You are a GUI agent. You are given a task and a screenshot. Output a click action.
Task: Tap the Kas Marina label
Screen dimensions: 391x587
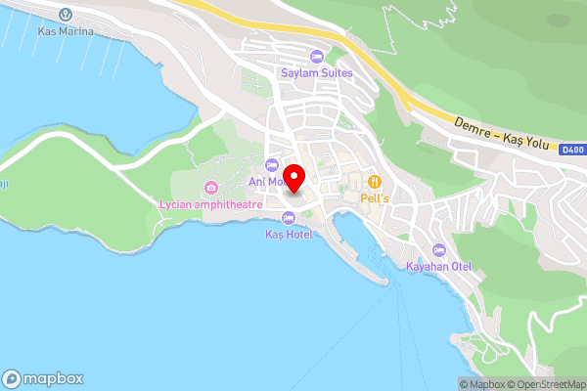pos(67,31)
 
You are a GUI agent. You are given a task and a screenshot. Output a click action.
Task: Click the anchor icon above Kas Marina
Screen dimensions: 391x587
pos(67,15)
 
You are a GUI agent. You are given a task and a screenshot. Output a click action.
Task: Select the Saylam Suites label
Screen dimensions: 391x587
pos(315,71)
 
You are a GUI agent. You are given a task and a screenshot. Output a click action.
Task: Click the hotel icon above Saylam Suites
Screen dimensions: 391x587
pos(315,55)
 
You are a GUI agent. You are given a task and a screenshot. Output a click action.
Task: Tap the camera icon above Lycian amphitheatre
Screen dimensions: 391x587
pos(210,188)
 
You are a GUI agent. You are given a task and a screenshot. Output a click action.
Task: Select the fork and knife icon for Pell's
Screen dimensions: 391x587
pos(374,181)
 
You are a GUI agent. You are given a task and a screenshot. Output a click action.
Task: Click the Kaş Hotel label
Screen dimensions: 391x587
pos(288,235)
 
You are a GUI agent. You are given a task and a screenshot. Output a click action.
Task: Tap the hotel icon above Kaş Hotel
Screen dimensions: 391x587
pos(288,218)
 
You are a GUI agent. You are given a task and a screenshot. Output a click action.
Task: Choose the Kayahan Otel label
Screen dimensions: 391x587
pos(439,267)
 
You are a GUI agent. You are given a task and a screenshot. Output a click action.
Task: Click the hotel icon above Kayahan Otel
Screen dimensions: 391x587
pos(438,250)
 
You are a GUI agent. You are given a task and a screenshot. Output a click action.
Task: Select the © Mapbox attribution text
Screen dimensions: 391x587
pos(480,384)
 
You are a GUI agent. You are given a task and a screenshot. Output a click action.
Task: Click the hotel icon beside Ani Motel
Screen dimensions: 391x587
pos(272,163)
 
